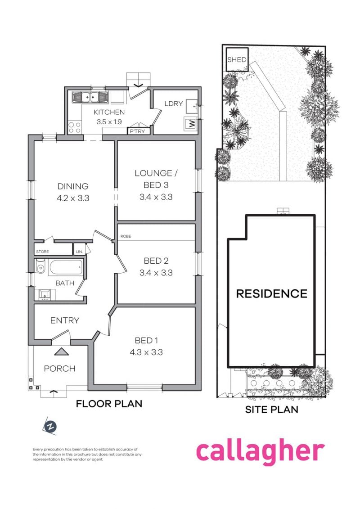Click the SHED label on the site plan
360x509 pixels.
tap(237, 60)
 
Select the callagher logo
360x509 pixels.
tap(260, 451)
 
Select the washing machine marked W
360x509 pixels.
tap(191, 123)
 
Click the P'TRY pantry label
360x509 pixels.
tap(137, 131)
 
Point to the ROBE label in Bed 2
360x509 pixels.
tap(126, 236)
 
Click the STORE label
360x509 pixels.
tap(43, 252)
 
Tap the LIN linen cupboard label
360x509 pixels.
tap(79, 252)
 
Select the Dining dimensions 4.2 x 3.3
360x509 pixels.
tap(72, 197)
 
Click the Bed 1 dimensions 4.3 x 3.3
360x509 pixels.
tap(146, 352)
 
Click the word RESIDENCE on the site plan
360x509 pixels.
tap(272, 294)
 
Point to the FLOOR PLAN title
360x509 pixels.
tap(109, 404)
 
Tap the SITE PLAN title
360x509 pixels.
tap(271, 410)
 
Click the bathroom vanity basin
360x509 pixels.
tap(45, 294)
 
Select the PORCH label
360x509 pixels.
tap(59, 369)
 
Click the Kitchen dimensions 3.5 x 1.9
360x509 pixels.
tap(108, 122)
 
